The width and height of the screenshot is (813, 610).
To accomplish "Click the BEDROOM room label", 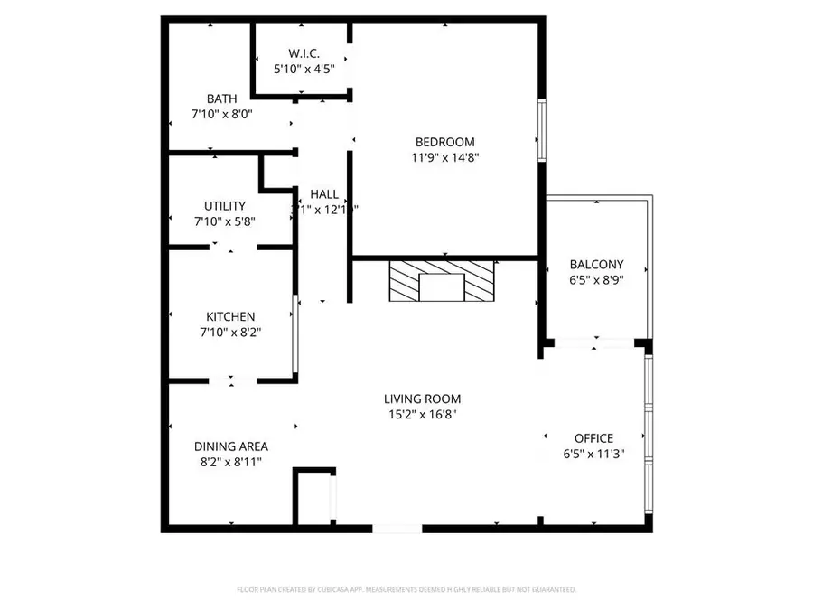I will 444,142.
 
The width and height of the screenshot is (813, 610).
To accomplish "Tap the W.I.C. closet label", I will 304,53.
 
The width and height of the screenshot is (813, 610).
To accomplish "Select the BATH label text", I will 221,99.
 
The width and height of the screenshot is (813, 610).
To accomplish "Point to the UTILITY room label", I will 224,206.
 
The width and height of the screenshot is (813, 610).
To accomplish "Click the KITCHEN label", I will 230,316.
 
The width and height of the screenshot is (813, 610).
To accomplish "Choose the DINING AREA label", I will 231,446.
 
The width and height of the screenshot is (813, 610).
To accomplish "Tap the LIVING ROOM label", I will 422,399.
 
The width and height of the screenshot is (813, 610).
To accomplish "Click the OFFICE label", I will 593,438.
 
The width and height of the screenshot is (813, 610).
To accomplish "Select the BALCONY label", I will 596,265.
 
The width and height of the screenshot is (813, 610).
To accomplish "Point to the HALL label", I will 324,194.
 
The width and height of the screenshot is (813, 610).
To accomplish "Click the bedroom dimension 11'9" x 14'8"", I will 444,157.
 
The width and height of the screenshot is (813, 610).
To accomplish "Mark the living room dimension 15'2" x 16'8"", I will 422,415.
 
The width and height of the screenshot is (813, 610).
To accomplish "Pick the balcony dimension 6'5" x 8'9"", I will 596,280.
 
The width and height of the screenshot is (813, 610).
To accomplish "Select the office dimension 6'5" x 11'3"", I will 593,454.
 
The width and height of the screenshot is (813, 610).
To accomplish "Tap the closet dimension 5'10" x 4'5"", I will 304,69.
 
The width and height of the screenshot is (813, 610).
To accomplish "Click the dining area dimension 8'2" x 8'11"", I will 231,461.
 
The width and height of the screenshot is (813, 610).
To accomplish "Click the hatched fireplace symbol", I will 443,282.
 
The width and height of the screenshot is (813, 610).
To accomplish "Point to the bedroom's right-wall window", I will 541,131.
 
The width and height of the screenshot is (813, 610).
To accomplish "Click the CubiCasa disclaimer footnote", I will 406,589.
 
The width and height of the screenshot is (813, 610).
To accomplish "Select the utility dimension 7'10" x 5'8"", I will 224,221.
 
